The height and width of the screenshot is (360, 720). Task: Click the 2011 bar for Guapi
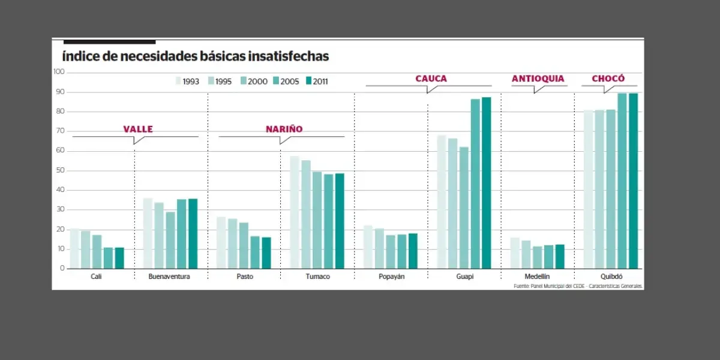(486, 183)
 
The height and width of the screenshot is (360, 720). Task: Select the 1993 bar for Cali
(74, 248)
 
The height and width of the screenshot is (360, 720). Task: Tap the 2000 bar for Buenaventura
(170, 240)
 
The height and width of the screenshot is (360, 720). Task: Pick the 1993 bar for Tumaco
(294, 212)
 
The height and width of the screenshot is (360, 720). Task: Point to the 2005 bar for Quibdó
(622, 181)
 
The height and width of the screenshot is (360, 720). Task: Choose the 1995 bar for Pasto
(232, 244)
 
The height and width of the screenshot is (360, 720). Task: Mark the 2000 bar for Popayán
(391, 251)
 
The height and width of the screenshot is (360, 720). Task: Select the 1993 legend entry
(188, 81)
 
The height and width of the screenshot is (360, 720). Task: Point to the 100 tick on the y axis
(59, 72)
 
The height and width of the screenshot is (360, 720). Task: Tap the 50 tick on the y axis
(61, 170)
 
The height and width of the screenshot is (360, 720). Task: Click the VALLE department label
(138, 129)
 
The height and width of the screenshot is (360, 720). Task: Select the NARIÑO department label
(284, 129)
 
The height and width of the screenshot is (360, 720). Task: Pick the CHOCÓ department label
(608, 79)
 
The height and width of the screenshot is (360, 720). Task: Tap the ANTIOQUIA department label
(538, 79)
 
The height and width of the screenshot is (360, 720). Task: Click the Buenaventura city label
(170, 277)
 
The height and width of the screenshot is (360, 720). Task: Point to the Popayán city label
(391, 277)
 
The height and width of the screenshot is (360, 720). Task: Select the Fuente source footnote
(578, 286)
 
